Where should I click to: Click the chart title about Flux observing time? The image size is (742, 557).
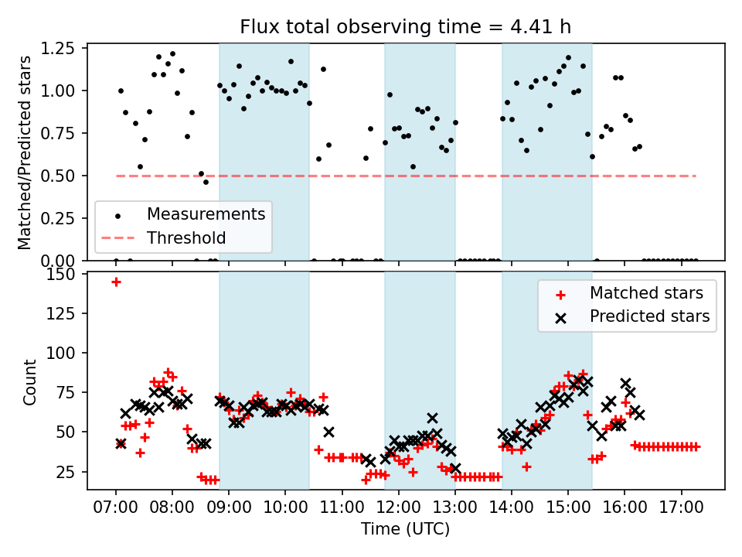point(405,27)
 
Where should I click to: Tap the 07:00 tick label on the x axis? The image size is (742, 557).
point(116,511)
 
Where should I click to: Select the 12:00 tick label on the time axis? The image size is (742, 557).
point(398,511)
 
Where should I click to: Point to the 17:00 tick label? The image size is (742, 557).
point(681,511)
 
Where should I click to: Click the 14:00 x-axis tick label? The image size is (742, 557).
point(512,511)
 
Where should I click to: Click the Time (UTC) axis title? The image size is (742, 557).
point(405,530)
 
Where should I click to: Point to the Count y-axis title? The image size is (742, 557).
point(30,382)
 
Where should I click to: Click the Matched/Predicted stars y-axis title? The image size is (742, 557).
point(25,152)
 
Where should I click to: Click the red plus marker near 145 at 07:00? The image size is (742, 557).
point(116,282)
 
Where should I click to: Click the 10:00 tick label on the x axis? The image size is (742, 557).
point(285,511)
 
